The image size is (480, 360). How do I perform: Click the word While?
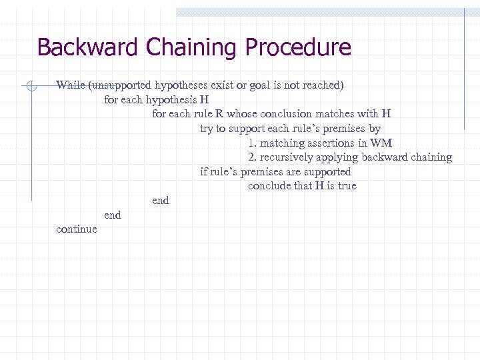[x=71, y=85]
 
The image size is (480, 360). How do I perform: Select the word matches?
[x=331, y=114]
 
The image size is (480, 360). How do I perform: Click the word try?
[x=207, y=129]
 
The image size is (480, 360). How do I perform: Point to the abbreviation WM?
[x=381, y=143]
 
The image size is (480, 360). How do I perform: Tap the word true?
[x=347, y=186]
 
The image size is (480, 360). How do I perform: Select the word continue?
[x=77, y=229]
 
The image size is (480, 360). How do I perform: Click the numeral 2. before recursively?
[x=253, y=158]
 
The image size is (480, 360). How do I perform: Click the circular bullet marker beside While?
[x=31, y=85]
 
